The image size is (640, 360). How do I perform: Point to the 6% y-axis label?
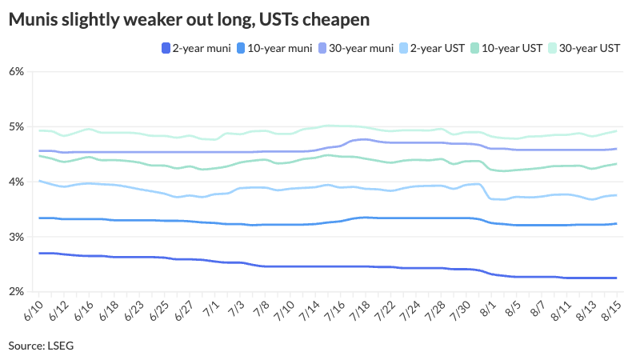[18, 72]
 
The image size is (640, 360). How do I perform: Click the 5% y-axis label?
[18, 127]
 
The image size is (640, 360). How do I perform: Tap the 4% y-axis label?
[18, 182]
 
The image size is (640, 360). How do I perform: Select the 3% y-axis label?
[18, 238]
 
